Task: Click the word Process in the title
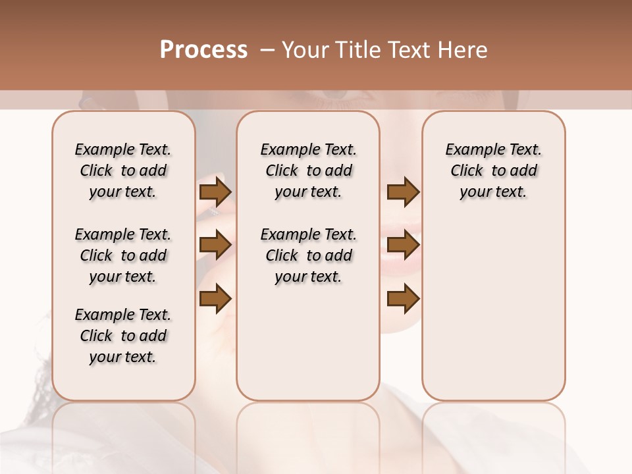[203, 50]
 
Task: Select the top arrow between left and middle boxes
[215, 192]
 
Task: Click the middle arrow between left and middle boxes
[215, 246]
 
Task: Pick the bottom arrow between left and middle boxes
[215, 299]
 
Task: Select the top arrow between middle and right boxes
[403, 192]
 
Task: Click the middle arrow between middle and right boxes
[403, 246]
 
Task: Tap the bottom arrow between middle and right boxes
[403, 299]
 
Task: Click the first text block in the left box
[123, 171]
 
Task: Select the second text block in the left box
[123, 255]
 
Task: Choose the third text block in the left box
[123, 336]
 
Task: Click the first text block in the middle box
[309, 171]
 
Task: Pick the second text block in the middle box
[309, 255]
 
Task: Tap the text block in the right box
[494, 171]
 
